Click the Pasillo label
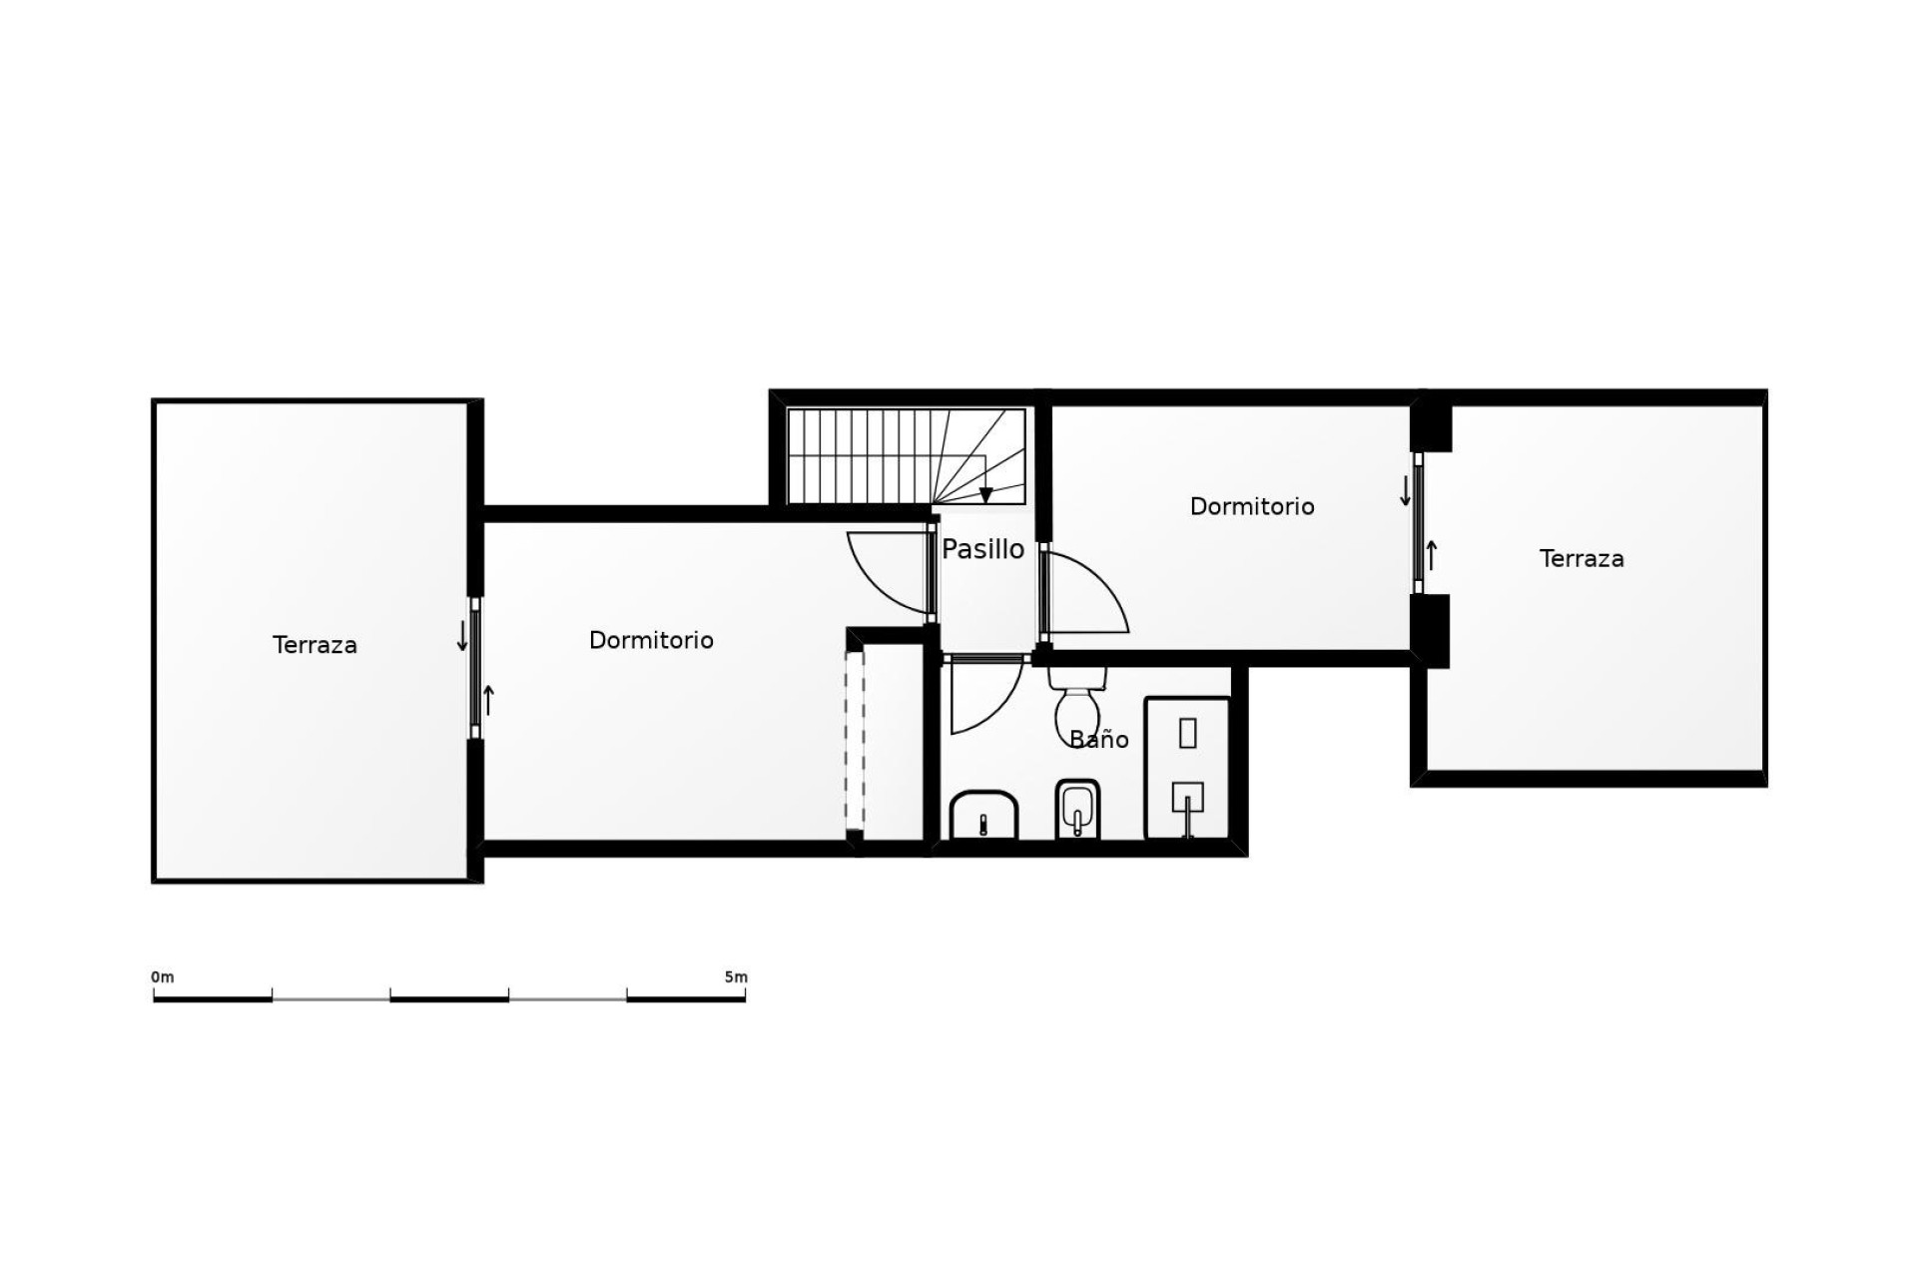[x=982, y=549]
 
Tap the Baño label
[x=1098, y=740]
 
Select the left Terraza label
[x=315, y=645]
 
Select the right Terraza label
[x=1582, y=559]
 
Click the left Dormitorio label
[x=651, y=640]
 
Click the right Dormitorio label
[x=1251, y=506]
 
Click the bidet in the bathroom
[x=1076, y=809]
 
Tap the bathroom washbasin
[x=983, y=816]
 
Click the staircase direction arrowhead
[x=985, y=495]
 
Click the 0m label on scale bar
[x=163, y=976]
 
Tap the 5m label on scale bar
[x=736, y=976]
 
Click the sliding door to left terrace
[x=475, y=668]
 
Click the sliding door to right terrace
[x=1418, y=522]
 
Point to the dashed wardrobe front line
[x=854, y=739]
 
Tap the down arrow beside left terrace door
[x=462, y=636]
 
